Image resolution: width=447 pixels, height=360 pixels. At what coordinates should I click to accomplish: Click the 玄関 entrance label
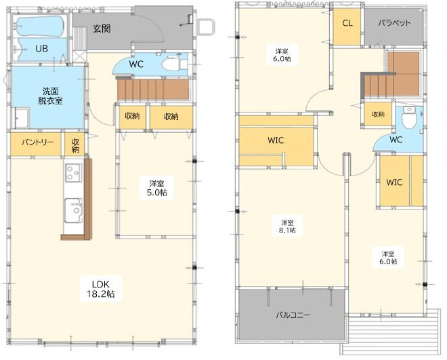(102, 28)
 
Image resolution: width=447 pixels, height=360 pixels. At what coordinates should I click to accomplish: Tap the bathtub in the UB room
(40, 26)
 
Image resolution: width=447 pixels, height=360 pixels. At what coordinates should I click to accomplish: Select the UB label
(41, 49)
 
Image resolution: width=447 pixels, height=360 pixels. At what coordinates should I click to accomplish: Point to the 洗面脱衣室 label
(51, 96)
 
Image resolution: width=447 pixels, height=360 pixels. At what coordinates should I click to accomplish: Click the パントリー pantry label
(38, 142)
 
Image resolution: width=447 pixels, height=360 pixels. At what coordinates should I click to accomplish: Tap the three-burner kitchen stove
(74, 173)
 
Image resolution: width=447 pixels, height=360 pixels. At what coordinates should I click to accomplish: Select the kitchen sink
(74, 210)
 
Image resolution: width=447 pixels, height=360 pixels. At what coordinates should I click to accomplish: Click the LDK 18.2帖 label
(101, 289)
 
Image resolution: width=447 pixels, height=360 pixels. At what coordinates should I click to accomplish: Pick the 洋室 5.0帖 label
(157, 188)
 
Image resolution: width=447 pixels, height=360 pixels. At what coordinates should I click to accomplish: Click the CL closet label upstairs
(347, 23)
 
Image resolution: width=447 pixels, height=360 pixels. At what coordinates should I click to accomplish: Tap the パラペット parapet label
(394, 23)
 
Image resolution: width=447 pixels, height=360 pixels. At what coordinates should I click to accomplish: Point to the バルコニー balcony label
(293, 315)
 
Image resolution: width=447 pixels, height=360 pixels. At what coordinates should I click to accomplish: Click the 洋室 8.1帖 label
(288, 226)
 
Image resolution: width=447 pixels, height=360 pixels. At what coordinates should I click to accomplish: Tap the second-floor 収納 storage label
(379, 114)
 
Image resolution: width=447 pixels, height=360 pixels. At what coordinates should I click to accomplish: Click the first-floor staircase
(153, 89)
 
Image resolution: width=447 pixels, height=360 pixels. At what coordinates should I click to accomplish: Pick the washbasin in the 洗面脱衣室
(22, 117)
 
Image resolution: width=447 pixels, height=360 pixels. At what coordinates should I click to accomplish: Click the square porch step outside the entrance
(205, 27)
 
